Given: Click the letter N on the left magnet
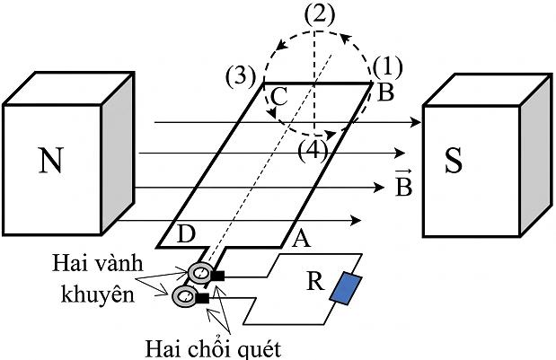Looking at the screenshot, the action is pos(51,160).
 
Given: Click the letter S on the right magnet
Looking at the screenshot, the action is pos(454,160).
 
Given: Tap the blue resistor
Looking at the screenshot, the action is pos(346,288).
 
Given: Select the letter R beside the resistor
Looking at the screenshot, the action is pos(315,281).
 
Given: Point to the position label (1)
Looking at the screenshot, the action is pos(387,66).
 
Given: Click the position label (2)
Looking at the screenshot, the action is pos(320,15).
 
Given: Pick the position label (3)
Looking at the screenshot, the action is pos(241,75).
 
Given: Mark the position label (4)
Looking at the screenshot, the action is pos(313,152).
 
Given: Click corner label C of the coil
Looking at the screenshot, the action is pos(278,97).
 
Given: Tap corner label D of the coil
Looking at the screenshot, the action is pos(186,233).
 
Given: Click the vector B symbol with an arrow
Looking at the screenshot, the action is pos(403,183).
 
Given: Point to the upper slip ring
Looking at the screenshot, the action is pos(199,273).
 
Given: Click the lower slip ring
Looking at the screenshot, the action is pos(184,295).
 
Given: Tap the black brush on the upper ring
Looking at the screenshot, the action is pos(217,276).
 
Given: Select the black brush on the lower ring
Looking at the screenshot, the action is pos(202,298).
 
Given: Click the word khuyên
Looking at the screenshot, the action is pos(98,294).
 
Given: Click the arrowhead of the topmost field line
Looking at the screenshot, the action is pos(415,122).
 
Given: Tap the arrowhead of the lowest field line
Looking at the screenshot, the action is pos(356,220).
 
